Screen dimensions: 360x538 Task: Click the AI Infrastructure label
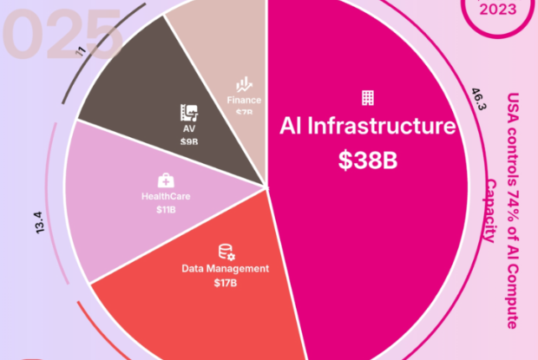367,128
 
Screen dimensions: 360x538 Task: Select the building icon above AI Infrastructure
368,97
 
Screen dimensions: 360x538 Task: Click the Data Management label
226,268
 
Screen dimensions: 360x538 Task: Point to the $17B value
226,283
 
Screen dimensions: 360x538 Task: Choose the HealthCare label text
166,196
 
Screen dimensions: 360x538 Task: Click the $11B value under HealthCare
165,210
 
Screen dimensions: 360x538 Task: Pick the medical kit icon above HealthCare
165,180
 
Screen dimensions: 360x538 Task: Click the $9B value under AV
188,141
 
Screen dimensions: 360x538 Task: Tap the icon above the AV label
188,112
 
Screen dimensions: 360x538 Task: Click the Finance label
244,100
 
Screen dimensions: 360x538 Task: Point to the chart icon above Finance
244,85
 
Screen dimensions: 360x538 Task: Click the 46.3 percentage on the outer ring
476,101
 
